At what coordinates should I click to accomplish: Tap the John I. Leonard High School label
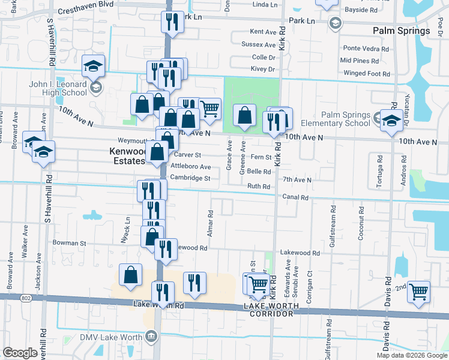point(58,89)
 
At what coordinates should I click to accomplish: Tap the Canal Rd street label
point(296,197)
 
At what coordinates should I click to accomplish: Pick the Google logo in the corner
point(20,353)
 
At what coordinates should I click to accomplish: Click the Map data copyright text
point(411,355)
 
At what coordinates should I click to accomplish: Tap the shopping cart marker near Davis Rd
point(418,291)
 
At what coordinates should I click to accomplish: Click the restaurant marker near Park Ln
point(172,22)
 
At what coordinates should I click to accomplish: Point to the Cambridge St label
point(190,178)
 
